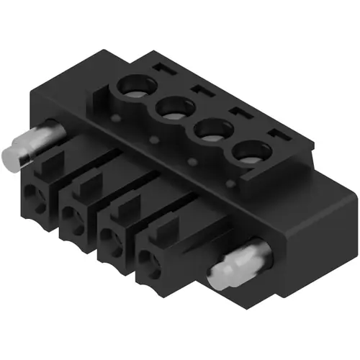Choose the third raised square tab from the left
(x=125, y=212)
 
